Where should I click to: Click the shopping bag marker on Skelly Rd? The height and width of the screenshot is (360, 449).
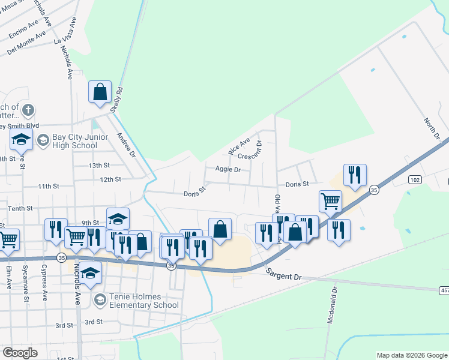(x=100, y=93)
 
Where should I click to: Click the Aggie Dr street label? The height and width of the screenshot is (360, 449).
(x=228, y=170)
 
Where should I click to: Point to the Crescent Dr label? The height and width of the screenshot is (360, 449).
(x=252, y=150)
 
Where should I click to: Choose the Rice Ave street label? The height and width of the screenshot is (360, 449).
(x=239, y=145)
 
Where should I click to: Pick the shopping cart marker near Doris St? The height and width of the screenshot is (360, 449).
(x=330, y=202)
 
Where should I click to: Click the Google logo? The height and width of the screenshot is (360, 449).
(x=20, y=353)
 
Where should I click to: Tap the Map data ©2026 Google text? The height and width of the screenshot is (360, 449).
(x=412, y=355)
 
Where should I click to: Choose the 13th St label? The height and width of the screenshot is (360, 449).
(x=99, y=165)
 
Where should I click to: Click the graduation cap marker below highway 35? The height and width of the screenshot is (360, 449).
(x=90, y=274)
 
